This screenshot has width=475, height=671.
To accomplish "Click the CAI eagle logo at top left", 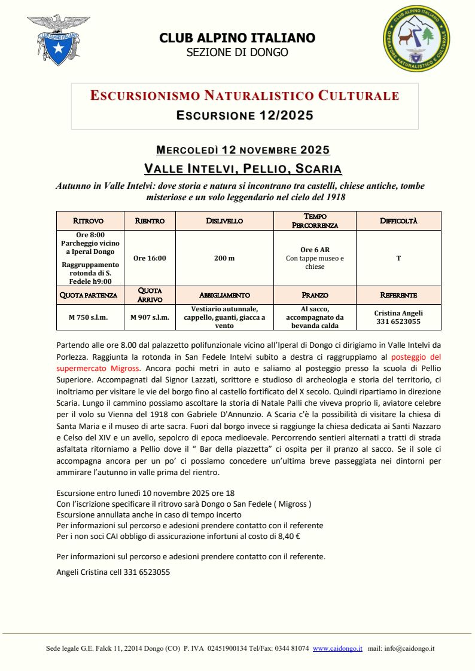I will pyautogui.click(x=59, y=41).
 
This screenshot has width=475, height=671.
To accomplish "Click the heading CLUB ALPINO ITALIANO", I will pyautogui.click(x=237, y=38).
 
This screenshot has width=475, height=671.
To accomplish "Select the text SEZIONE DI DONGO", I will pyautogui.click(x=237, y=53).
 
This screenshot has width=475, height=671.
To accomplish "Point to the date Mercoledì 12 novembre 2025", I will pyautogui.click(x=243, y=149).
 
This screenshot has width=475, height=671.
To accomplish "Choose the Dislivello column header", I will pyautogui.click(x=224, y=220).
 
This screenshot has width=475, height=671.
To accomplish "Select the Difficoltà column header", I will pyautogui.click(x=398, y=220).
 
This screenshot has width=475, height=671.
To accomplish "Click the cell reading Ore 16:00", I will pyautogui.click(x=150, y=258).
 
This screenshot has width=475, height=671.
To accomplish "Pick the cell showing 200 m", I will pyautogui.click(x=224, y=258).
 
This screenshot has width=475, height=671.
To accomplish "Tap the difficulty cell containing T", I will pyautogui.click(x=398, y=258).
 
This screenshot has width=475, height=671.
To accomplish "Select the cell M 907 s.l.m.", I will pyautogui.click(x=150, y=317).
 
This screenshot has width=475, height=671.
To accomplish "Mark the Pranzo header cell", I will pyautogui.click(x=315, y=295).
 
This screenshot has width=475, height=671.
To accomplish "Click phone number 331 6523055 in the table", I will pyautogui.click(x=398, y=321).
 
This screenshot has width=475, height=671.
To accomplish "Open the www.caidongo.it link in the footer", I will pyautogui.click(x=337, y=648).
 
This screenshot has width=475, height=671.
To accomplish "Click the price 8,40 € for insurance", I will pyautogui.click(x=288, y=537).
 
